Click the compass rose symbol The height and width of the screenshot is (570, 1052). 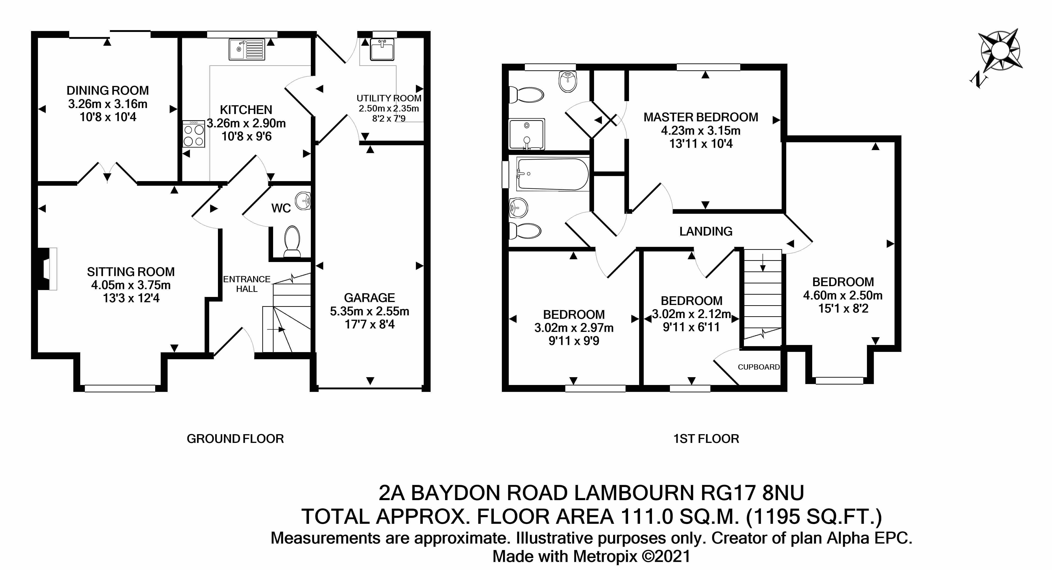tap(1000, 55)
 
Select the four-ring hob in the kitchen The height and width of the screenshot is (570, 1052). tap(194, 134)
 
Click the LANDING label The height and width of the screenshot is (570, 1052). tap(706, 231)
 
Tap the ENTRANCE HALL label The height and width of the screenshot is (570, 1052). tap(247, 284)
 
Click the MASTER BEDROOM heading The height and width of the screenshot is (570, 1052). tap(701, 117)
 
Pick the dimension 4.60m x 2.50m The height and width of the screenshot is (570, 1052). tap(843, 295)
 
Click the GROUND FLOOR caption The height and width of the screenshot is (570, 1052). tap(235, 439)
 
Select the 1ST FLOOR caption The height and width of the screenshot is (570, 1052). tap(706, 439)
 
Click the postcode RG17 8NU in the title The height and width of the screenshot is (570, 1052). tap(752, 493)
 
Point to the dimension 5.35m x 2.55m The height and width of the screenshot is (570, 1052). tap(370, 311)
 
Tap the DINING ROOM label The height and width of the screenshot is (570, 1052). tap(108, 90)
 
